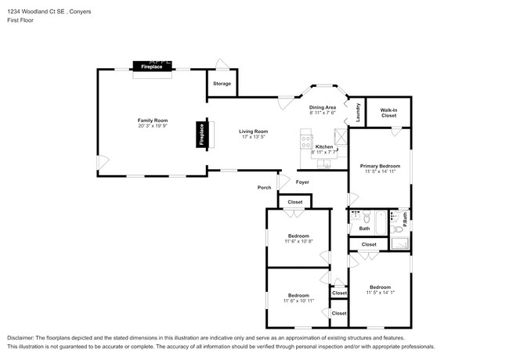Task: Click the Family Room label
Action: (153, 121)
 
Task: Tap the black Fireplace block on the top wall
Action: (152, 67)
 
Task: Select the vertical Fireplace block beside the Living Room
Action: (201, 135)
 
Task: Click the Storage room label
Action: (222, 84)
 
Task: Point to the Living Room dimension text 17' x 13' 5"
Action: (253, 137)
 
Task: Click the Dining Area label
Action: (322, 107)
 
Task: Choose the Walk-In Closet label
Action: (389, 112)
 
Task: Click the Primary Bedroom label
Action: (380, 166)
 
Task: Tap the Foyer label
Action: (302, 182)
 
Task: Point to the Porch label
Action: (265, 188)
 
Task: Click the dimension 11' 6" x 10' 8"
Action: (298, 241)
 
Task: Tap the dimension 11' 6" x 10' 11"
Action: (298, 301)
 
